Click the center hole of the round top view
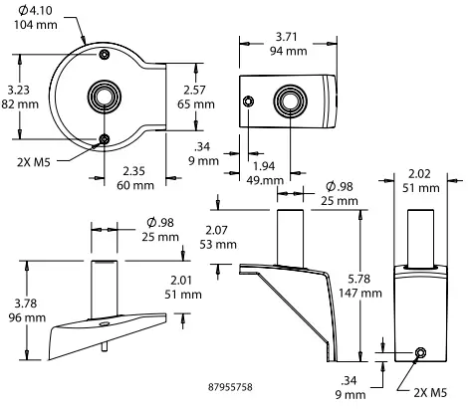pos(104,97)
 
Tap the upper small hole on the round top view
pos(104,52)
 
